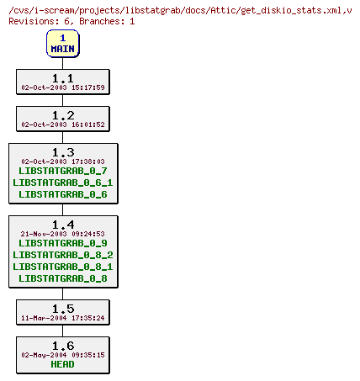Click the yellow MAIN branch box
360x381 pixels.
[x=62, y=43]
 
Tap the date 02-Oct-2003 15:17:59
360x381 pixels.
[x=62, y=87]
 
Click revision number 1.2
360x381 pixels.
[x=62, y=114]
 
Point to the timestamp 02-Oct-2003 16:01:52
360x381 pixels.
[x=62, y=124]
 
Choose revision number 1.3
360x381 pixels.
[x=62, y=151]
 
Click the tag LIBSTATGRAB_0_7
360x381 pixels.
[x=62, y=171]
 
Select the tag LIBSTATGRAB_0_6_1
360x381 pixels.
[x=62, y=183]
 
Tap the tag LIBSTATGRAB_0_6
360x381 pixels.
[x=62, y=194]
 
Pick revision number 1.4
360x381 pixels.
[x=62, y=225]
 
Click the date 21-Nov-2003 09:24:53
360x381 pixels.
[x=62, y=234]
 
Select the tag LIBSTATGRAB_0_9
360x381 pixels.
[x=62, y=243]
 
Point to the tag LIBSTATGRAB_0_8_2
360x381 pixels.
[x=62, y=255]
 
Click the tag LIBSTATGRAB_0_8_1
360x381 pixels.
[x=62, y=267]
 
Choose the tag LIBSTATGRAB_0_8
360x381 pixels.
[x=62, y=278]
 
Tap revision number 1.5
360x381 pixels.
[x=62, y=309]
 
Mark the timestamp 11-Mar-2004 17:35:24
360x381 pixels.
[x=62, y=319]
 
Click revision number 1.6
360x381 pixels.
[x=62, y=346]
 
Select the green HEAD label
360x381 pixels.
[x=62, y=364]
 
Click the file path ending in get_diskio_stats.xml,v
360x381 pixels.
[x=180, y=8]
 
